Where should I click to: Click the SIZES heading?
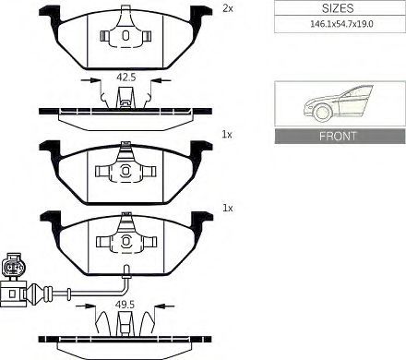click(x=338, y=8)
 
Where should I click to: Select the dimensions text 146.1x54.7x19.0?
click(x=341, y=24)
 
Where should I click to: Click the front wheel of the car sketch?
click(x=323, y=113)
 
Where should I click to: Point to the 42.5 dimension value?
click(x=126, y=77)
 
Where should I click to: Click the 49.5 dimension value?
click(x=125, y=305)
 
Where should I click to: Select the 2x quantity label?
click(x=228, y=8)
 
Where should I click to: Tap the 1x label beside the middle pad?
click(x=227, y=135)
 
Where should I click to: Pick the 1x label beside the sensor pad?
click(x=228, y=209)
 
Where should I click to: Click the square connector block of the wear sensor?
click(x=12, y=293)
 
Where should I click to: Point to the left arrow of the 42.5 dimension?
click(x=91, y=80)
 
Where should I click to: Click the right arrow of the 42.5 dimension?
click(x=161, y=80)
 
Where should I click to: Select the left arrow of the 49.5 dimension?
click(x=86, y=306)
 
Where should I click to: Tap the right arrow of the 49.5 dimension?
click(x=165, y=306)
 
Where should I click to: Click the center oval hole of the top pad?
click(x=125, y=35)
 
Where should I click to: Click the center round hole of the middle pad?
click(x=125, y=171)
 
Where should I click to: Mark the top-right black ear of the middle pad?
click(x=201, y=149)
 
